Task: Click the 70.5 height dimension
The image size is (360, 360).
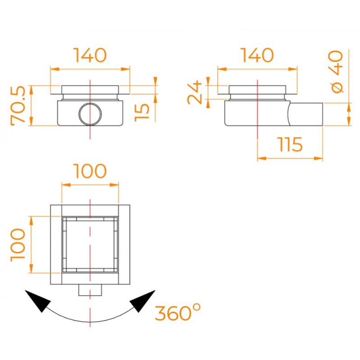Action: pos(18,106)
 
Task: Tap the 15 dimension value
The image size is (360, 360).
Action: pos(142,112)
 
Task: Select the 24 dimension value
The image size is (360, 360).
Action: pos(194,92)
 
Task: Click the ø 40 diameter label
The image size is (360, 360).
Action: pos(336,72)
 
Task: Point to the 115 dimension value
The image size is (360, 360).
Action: pos(290,144)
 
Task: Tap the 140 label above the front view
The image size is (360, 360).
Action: pos(90,55)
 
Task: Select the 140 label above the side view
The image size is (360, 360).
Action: pos(257,55)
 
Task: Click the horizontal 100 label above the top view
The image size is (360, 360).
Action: pos(90,171)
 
